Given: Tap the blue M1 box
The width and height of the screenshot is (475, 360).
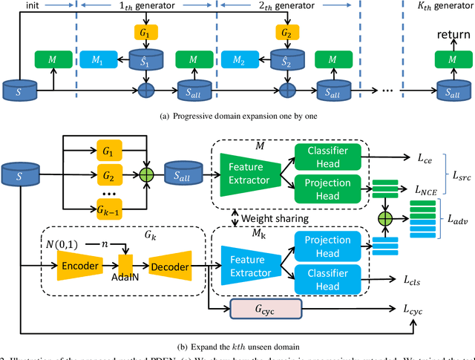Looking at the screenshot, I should (x=96, y=59).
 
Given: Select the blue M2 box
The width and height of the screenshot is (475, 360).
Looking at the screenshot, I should (x=238, y=59).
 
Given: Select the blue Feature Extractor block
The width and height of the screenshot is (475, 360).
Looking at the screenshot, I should (x=247, y=265).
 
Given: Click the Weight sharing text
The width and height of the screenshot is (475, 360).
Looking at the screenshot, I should (x=281, y=217).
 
